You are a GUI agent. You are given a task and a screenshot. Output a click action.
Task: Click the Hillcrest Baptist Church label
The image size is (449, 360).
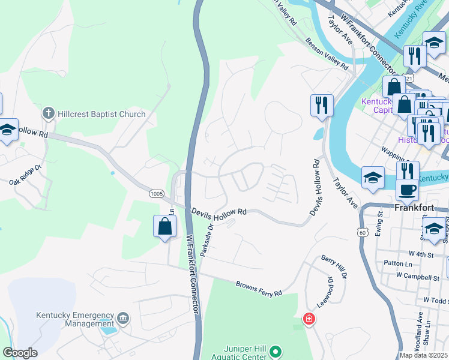(101, 114)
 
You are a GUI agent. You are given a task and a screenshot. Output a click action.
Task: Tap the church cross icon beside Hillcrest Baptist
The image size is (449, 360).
(49, 113)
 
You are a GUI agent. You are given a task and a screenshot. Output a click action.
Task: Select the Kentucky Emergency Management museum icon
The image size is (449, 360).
(123, 317)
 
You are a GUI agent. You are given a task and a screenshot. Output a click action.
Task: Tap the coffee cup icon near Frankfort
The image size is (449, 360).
(408, 190)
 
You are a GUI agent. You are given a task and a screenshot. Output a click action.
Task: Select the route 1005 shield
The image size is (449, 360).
(156, 194)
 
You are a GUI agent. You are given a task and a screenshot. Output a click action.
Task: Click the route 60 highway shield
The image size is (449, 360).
(361, 231)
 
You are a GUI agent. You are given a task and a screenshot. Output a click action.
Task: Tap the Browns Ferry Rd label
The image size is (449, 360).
(259, 289)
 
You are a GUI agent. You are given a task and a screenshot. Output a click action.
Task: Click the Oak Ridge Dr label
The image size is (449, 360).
(25, 175)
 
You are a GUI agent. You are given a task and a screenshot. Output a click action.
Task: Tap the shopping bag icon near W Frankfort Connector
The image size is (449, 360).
(164, 227)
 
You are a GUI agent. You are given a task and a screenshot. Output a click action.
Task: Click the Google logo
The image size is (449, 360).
(20, 353)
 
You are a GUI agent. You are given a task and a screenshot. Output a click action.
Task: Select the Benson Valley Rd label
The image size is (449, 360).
(328, 55)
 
